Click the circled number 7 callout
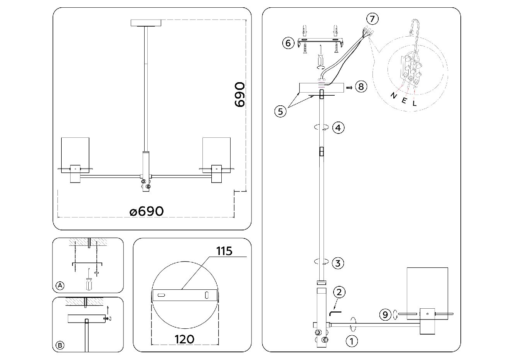pyautogui.click(x=372, y=19)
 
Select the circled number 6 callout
pyautogui.click(x=288, y=42)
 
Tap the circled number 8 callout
pyautogui.click(x=361, y=86)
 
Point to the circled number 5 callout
pyautogui.click(x=280, y=111)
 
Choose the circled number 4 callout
pyautogui.click(x=338, y=127)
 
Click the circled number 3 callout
pyautogui.click(x=338, y=264)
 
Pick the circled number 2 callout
pyautogui.click(x=339, y=292)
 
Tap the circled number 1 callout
pyautogui.click(x=351, y=341)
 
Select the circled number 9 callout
pyautogui.click(x=384, y=315)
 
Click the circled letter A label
pyautogui.click(x=60, y=286)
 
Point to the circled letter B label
pyautogui.click(x=60, y=345)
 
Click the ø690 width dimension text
pyautogui.click(x=147, y=211)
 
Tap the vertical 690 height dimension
pyautogui.click(x=239, y=94)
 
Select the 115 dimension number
pyautogui.click(x=224, y=252)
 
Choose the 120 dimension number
pyautogui.click(x=184, y=339)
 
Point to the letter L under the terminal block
pyautogui.click(x=415, y=103)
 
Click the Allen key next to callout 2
pyautogui.click(x=335, y=309)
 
